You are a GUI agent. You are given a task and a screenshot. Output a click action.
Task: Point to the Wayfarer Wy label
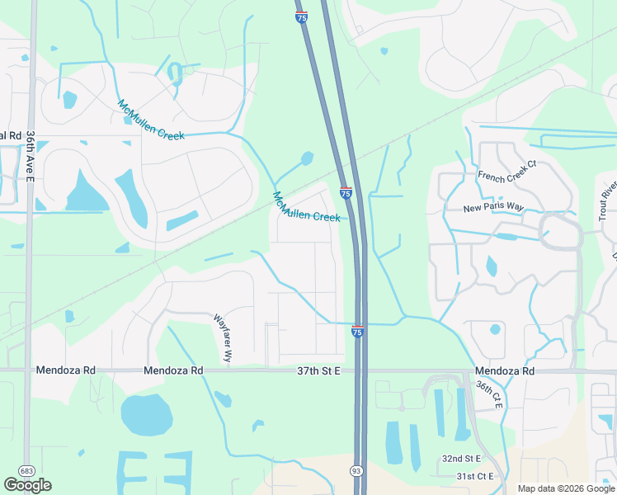click(223, 339)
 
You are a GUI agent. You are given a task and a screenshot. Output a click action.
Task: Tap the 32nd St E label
click(461, 458)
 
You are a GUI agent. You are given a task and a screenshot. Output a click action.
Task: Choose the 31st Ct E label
click(474, 476)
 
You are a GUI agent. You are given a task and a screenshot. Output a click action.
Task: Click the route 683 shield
click(26, 470)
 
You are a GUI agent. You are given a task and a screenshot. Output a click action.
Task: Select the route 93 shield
click(356, 470)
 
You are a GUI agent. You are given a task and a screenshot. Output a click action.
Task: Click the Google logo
click(27, 484)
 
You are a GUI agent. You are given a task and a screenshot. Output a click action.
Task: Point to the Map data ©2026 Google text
click(565, 488)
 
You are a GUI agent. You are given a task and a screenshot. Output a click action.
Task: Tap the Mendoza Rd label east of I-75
click(505, 371)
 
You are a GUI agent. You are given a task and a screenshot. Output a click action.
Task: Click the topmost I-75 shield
click(302, 17)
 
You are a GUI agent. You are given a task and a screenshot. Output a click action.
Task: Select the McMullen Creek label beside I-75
click(306, 207)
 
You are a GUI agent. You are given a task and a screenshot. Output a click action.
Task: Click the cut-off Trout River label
click(607, 199)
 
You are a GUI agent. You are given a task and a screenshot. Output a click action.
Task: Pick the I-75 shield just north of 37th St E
click(357, 331)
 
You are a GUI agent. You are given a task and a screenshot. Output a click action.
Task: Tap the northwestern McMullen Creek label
click(151, 120)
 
